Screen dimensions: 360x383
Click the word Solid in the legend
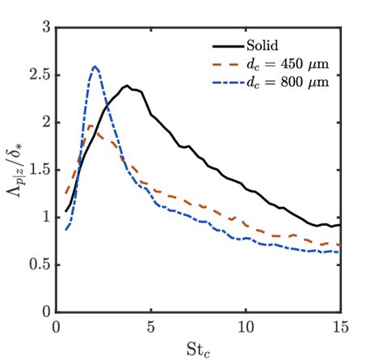[263, 43]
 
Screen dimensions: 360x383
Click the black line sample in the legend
[226, 43]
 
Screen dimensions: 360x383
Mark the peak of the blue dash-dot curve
[95, 66]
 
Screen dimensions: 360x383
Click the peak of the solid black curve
[127, 86]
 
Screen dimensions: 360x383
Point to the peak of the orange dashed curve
[91, 125]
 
